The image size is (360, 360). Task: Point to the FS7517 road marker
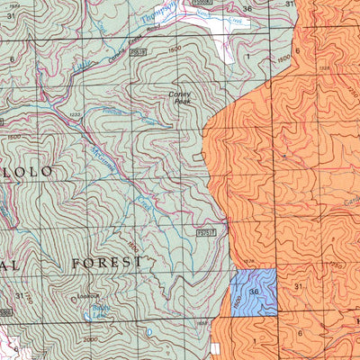point(206,232)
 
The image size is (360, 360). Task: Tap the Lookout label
point(88,295)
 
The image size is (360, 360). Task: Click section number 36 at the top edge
point(247,8)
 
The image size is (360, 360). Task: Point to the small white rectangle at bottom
point(215,346)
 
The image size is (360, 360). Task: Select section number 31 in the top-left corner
point(10,15)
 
